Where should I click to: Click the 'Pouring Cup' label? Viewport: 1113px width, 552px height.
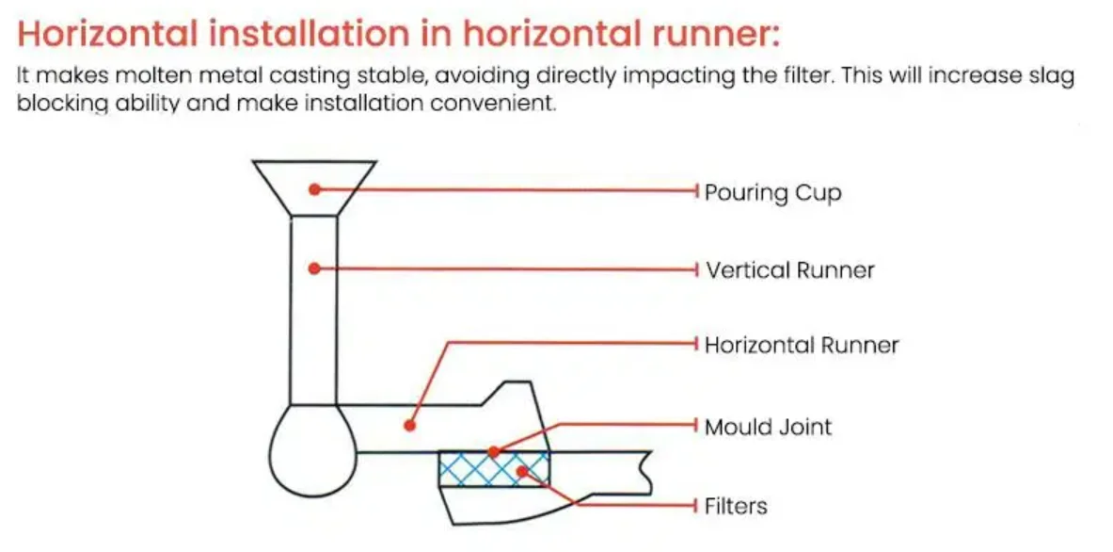(x=772, y=194)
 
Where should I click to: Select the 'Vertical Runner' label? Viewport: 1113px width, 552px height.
(x=790, y=270)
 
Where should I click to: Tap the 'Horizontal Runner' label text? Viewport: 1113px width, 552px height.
(x=802, y=346)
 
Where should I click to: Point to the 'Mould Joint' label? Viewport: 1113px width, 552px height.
(x=769, y=427)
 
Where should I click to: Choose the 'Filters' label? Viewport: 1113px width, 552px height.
(x=736, y=507)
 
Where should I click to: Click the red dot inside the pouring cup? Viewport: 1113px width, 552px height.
(x=315, y=189)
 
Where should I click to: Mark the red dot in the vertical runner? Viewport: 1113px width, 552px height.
(x=315, y=268)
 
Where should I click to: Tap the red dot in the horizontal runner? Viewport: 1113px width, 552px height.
(x=409, y=426)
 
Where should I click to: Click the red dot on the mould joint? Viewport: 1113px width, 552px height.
(x=493, y=452)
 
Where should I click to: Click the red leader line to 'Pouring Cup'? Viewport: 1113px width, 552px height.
(x=508, y=190)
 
